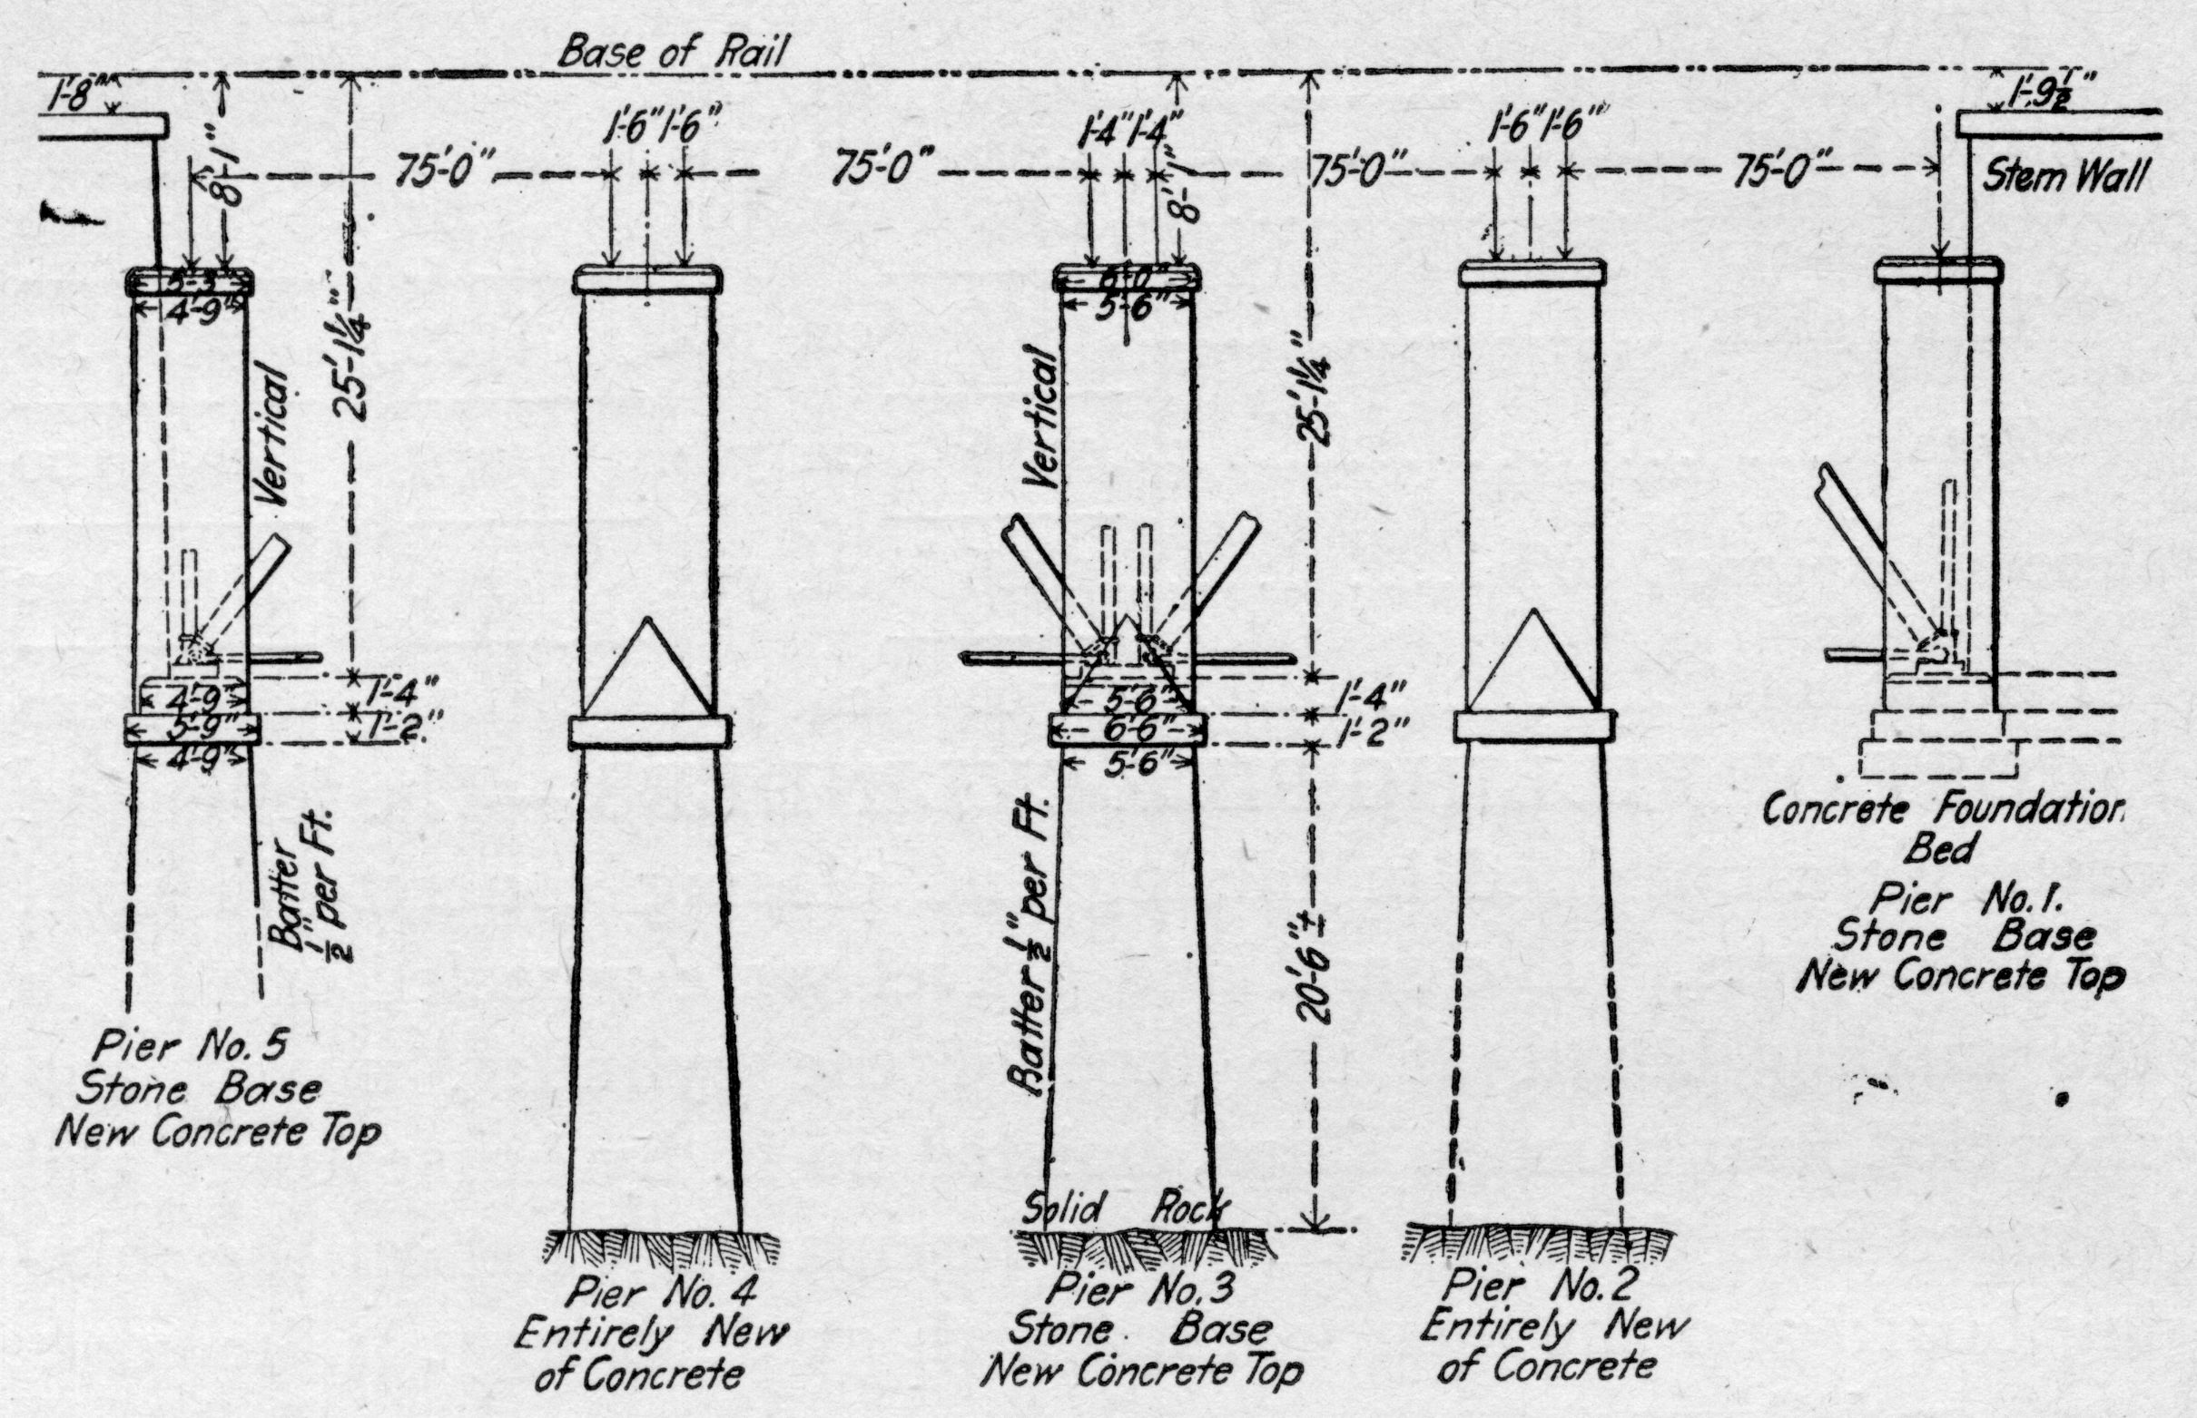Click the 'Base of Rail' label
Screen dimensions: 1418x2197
[673, 53]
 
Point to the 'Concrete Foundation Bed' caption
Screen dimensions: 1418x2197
[1944, 828]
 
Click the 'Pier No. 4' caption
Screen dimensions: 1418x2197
[662, 1294]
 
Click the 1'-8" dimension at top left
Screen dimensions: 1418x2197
[78, 97]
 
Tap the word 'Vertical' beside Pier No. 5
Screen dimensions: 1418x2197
[275, 434]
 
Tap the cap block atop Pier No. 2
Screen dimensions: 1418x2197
[1532, 271]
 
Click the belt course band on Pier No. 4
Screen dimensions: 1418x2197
[649, 731]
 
